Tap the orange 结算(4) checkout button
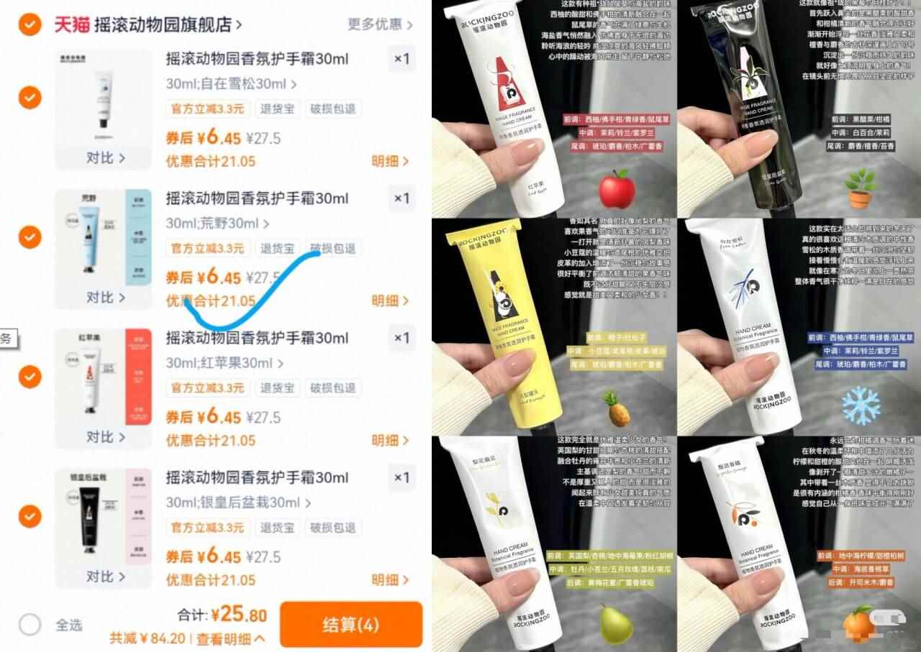point(350,624)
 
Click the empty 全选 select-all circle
point(30,624)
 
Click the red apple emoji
point(617,189)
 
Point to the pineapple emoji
point(617,408)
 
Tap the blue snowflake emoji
point(861,404)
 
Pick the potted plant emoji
point(861,188)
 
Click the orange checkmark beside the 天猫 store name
point(30,25)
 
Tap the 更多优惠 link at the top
point(380,24)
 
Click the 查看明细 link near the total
point(230,638)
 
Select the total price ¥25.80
point(238,615)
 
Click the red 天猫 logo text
point(72,25)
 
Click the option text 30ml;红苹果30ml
point(224,363)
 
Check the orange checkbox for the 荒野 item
point(30,237)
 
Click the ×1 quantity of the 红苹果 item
point(401,338)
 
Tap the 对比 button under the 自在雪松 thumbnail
point(105,157)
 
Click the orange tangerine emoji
point(858,623)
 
